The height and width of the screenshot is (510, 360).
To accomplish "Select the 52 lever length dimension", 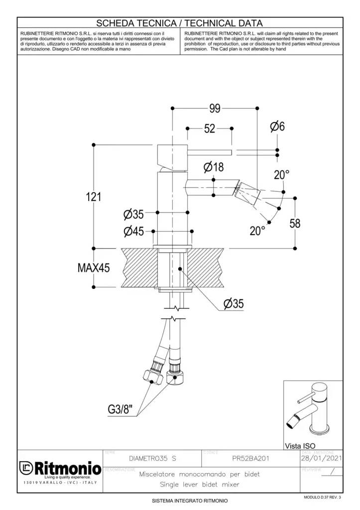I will pos(210,128).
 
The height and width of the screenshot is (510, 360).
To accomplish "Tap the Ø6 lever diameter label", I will pos(277,127).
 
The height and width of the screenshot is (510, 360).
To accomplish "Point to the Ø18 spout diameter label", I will pos(213,167).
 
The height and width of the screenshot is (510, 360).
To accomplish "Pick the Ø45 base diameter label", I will pos(133,231).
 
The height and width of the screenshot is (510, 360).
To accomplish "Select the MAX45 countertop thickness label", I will pos(94,267).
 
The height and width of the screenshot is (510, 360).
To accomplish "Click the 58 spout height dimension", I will pos(295,223).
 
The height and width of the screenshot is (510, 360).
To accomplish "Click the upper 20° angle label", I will pos(281,175).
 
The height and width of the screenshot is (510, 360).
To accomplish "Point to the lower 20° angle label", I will pos(257,231).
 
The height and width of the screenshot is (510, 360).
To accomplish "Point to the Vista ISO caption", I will pos(300,445).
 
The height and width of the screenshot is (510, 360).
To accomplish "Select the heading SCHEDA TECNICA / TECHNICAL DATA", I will pos(179,23).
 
